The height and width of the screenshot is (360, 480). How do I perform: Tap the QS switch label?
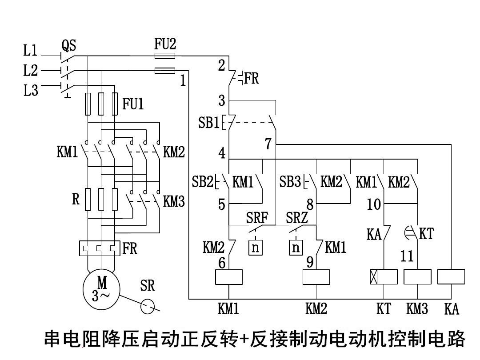[69, 45]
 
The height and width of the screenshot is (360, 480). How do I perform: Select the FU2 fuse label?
[165, 44]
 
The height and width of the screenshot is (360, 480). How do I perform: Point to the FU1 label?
[133, 104]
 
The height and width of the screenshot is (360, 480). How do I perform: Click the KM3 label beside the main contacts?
[174, 201]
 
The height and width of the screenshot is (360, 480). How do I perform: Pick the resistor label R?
[76, 199]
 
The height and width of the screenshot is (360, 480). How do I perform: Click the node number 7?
[268, 144]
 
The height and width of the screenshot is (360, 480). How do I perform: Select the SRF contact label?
[257, 218]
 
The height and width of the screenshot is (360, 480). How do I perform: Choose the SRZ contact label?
[296, 218]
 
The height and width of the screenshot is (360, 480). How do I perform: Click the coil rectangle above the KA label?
[451, 276]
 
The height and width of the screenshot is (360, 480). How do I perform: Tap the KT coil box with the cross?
[384, 276]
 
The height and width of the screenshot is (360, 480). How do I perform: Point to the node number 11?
[407, 256]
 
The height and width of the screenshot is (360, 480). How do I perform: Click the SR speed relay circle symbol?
[147, 306]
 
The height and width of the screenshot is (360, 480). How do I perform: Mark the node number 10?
[374, 204]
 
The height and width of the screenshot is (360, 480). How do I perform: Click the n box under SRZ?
[296, 248]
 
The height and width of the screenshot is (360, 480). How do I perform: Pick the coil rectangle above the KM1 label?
[229, 277]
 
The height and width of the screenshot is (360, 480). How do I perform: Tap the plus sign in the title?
[244, 339]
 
